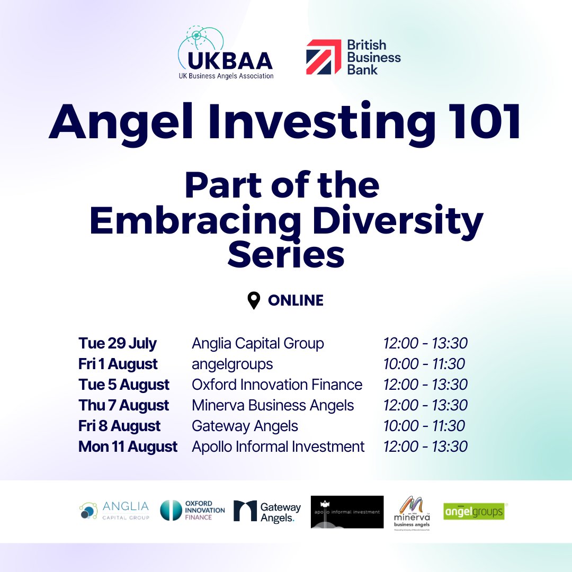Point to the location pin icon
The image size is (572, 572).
point(254,300)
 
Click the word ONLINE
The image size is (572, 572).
point(296,301)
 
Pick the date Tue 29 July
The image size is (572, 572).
point(118,343)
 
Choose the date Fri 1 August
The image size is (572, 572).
point(118,364)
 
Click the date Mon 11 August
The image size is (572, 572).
point(128,446)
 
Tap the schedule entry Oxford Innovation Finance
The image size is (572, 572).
point(277,385)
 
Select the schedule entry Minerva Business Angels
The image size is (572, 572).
point(273,405)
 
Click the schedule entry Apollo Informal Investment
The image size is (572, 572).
point(278,446)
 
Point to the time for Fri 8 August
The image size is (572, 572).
point(424,426)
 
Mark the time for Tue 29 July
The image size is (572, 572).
point(425,343)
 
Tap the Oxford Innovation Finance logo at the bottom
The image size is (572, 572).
point(192,511)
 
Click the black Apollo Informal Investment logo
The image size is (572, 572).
point(347,512)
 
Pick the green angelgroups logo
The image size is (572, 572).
point(473,512)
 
